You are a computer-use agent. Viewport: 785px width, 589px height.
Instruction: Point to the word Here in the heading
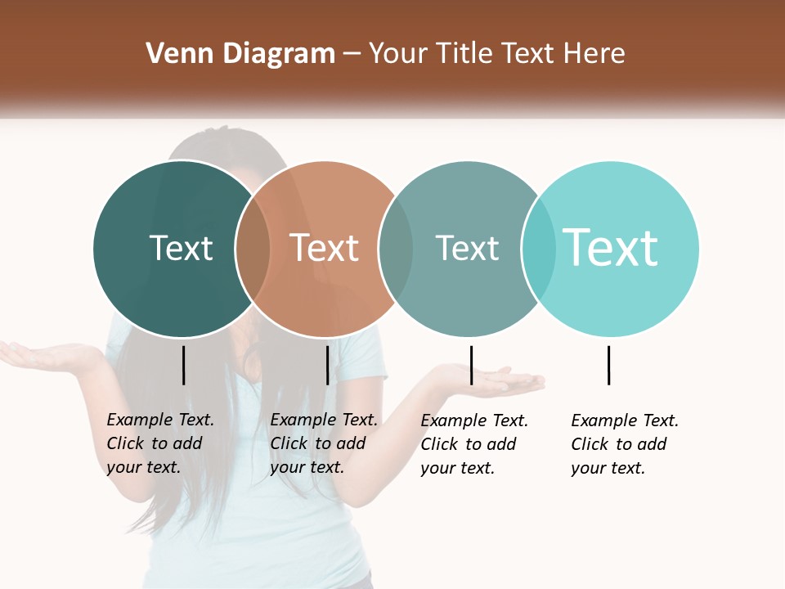click(594, 54)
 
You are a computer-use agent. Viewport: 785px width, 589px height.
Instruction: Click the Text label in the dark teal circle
click(181, 248)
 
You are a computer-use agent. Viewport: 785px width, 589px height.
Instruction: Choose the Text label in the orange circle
click(324, 248)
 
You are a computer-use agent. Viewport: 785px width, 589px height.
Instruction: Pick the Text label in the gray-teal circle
click(467, 248)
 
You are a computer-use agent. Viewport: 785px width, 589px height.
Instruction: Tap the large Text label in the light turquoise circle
click(611, 247)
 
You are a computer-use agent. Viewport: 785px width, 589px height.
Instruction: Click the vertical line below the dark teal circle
click(183, 365)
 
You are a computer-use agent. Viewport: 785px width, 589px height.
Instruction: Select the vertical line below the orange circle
click(327, 365)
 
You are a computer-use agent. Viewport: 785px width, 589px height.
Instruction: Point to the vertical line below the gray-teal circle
click(471, 365)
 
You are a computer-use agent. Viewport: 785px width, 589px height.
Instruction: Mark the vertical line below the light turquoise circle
click(608, 365)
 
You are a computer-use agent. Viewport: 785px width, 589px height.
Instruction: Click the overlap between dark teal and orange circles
click(253, 249)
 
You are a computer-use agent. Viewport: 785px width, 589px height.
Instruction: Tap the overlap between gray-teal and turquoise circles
click(537, 249)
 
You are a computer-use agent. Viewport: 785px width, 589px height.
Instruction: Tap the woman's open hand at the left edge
click(41, 355)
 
